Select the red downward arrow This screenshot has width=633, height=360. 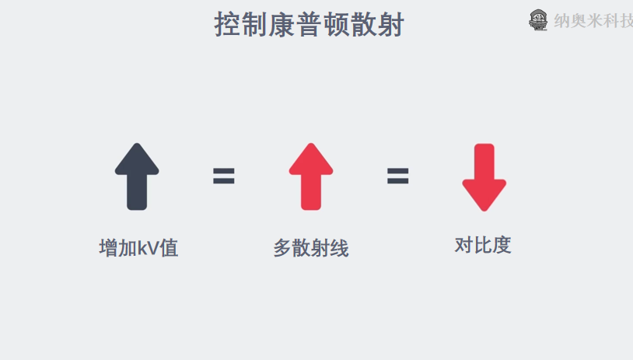pos(484,177)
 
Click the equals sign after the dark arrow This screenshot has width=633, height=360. pos(224,177)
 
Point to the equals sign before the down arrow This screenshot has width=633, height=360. pos(397,177)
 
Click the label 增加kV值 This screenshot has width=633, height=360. pos(138,249)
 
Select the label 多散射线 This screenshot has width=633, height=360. pos(310,249)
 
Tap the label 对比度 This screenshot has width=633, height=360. pos(483,245)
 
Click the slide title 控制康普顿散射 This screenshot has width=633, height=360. pos(309,25)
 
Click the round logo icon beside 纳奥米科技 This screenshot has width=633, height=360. pos(538,20)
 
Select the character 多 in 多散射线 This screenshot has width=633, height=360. pos(282,249)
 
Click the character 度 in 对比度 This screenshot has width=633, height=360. pos(502,245)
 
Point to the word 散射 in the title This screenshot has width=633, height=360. pos(376,25)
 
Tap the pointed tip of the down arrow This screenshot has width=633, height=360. pos(484,208)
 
